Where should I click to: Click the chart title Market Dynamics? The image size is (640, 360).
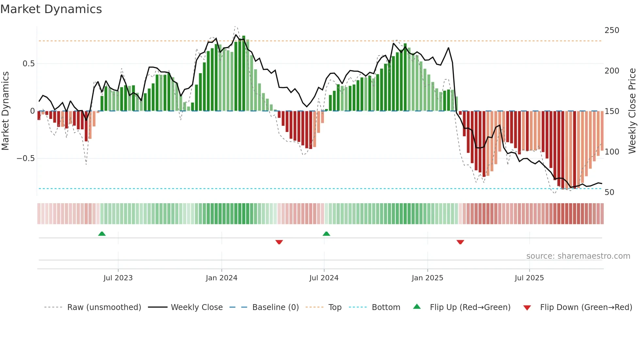tap(51, 9)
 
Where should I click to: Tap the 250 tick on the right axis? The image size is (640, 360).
tap(612, 30)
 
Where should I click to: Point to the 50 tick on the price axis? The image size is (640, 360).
tap(609, 192)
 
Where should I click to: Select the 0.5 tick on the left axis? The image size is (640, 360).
tap(28, 64)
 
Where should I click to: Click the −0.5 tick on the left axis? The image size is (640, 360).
tap(25, 158)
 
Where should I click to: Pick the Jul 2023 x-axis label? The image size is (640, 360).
tap(118, 278)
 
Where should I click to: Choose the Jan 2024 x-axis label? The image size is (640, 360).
tap(221, 278)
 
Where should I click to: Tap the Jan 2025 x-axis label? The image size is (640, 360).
tap(427, 278)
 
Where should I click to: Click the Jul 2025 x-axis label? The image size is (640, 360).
tap(529, 278)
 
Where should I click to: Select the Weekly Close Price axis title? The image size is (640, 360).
tap(632, 111)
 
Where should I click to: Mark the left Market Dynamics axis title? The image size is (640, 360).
tap(5, 111)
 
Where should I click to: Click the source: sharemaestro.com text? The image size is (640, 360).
tap(578, 256)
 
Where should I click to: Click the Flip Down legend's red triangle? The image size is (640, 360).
tap(527, 308)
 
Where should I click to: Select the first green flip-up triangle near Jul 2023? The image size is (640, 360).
tap(102, 234)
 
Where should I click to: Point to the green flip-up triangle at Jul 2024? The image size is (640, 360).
tap(326, 234)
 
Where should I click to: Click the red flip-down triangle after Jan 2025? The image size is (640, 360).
tap(460, 242)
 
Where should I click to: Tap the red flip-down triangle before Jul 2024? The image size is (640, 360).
tap(279, 242)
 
